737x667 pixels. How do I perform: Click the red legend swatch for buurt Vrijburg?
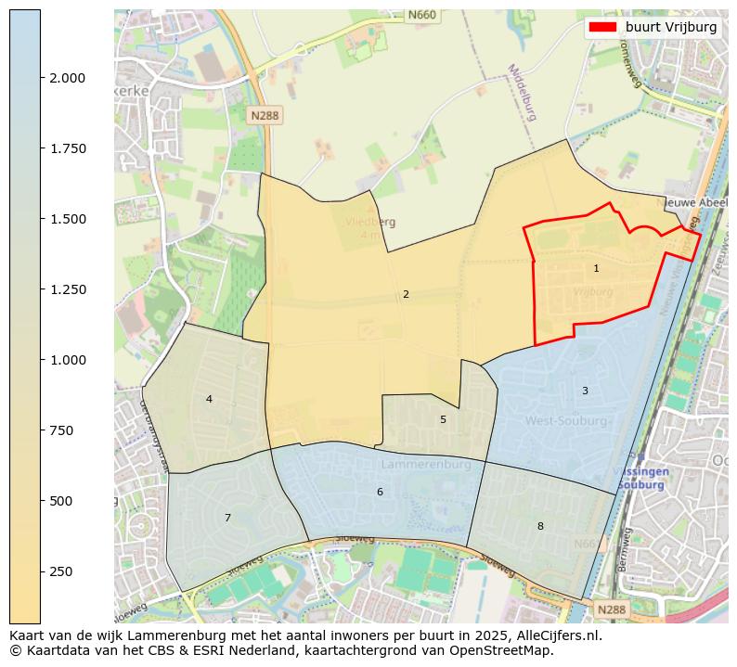pos(603,28)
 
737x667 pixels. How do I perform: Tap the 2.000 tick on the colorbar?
pos(43,78)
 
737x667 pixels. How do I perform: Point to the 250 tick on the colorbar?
pos(43,571)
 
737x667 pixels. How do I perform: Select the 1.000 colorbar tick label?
pos(68,360)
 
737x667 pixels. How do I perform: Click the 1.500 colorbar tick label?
pos(68,219)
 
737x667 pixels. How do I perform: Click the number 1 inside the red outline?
pos(596,269)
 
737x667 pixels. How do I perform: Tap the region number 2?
pos(406,295)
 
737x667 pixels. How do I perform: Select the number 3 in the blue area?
pos(585,391)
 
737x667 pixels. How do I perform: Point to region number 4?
pos(209,400)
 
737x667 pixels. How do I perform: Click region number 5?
pos(443,420)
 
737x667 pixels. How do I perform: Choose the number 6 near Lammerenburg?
pos(380,493)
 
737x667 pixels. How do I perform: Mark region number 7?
pos(227,519)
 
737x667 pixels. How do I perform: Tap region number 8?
pos(540,527)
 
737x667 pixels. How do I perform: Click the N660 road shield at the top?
pos(421,16)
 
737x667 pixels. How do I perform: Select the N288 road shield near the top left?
pos(265,116)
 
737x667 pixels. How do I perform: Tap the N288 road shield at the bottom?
pos(611,609)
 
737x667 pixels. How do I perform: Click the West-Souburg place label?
pos(566,421)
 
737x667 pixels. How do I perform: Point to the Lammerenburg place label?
pos(416,463)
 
